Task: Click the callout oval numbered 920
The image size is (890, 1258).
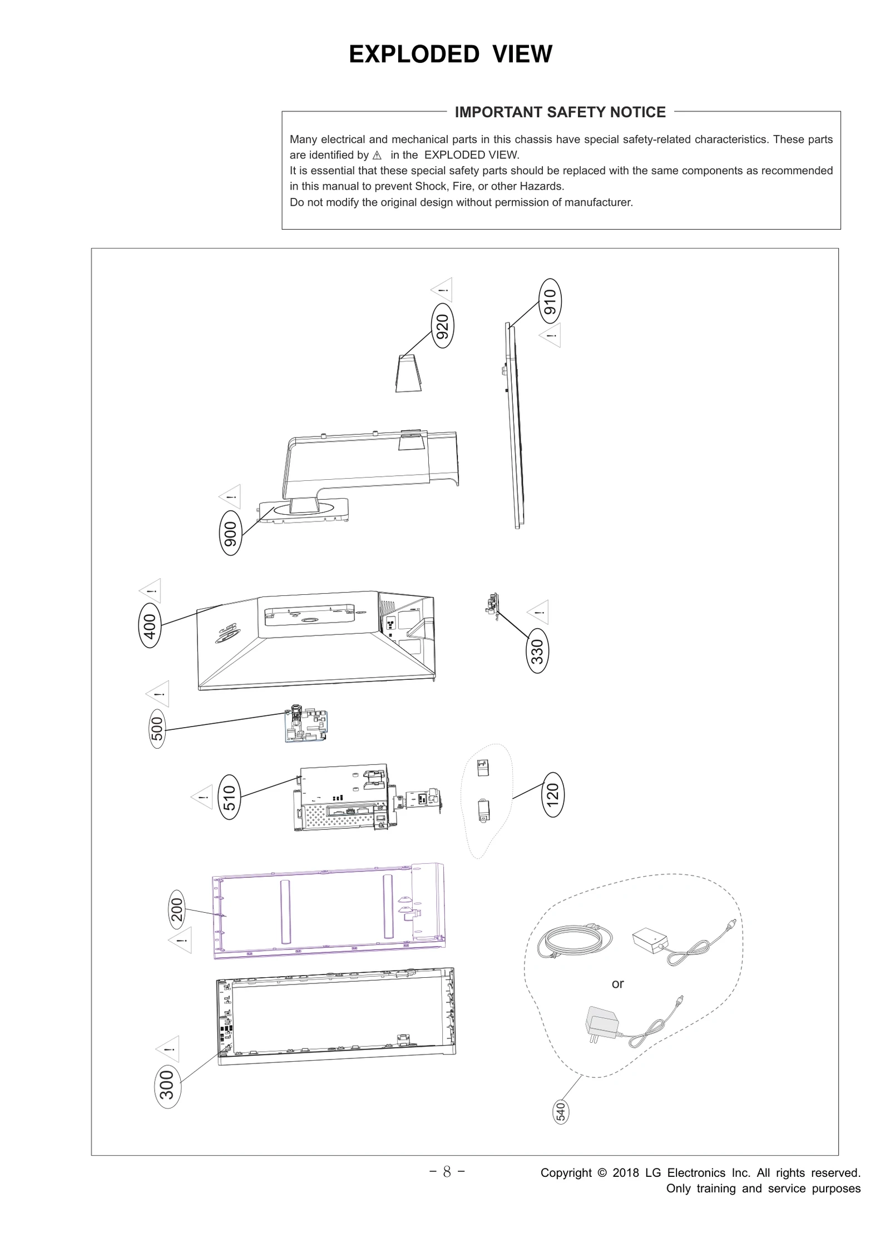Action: tap(442, 326)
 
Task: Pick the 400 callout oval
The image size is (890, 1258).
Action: tap(150, 626)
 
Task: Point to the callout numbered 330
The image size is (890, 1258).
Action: tap(537, 652)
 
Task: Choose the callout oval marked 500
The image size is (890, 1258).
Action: tap(157, 728)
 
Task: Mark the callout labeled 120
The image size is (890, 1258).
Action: tap(552, 794)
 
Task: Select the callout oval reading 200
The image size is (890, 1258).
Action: tap(177, 909)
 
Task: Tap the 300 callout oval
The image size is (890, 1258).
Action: tap(167, 1086)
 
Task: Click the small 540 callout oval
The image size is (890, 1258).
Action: tap(561, 1111)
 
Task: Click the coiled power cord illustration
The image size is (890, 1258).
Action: tap(575, 941)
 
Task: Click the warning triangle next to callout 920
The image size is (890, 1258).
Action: tap(443, 290)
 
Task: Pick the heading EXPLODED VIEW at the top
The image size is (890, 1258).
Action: tap(450, 54)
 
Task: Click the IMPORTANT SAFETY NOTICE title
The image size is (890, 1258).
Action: tap(560, 112)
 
